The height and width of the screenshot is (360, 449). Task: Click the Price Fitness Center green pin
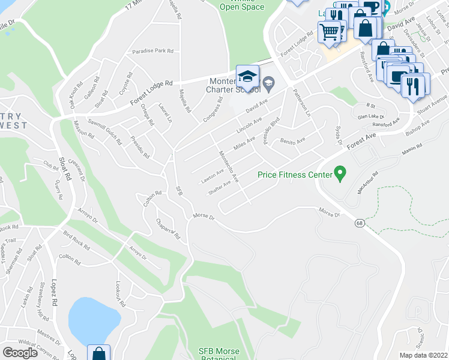340,174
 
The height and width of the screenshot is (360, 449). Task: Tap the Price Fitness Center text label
295,175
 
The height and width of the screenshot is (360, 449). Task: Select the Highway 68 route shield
360,223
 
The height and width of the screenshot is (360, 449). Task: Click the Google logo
20,352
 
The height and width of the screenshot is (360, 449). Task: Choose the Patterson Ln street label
302,103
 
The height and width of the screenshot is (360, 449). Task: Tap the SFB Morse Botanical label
219,355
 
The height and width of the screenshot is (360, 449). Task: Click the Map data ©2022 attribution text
424,355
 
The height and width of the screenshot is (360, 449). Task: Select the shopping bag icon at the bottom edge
98,353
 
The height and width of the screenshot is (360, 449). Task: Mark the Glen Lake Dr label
370,116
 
